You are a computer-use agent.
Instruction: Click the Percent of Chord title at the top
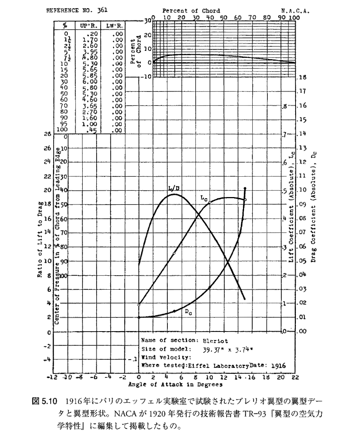[191, 11]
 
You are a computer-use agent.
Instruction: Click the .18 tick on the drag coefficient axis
[303, 78]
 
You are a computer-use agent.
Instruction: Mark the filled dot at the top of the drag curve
[245, 189]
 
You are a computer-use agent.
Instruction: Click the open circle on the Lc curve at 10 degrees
[210, 203]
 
